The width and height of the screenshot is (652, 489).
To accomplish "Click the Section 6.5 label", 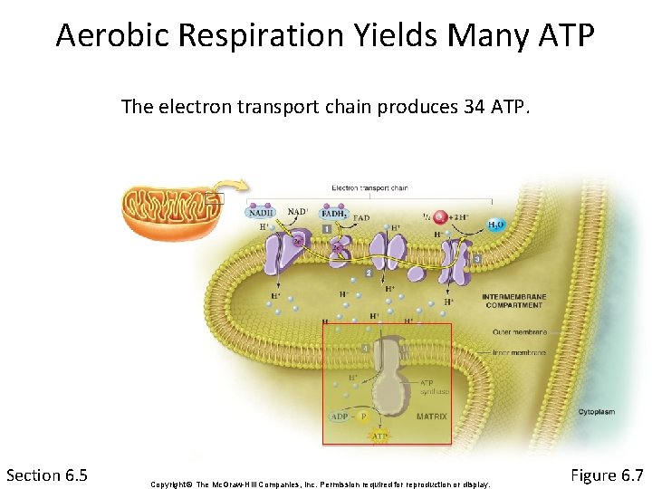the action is pos(47,475).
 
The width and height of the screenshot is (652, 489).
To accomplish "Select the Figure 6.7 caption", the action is pos(607,475).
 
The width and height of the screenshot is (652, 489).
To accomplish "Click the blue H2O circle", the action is pos(496,225).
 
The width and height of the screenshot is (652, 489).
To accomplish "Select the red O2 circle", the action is pos(440,217).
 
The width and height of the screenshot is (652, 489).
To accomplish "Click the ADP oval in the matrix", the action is pos(339,417).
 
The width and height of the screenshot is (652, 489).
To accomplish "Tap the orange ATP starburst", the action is pos(380,436).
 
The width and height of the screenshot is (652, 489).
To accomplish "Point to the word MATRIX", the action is pos(432,417).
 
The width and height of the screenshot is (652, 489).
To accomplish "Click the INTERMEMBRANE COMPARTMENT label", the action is pos(514,302).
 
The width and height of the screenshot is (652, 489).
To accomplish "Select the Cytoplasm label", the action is pos(596,412).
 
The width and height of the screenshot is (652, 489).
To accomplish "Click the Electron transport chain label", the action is pos(369,188).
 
